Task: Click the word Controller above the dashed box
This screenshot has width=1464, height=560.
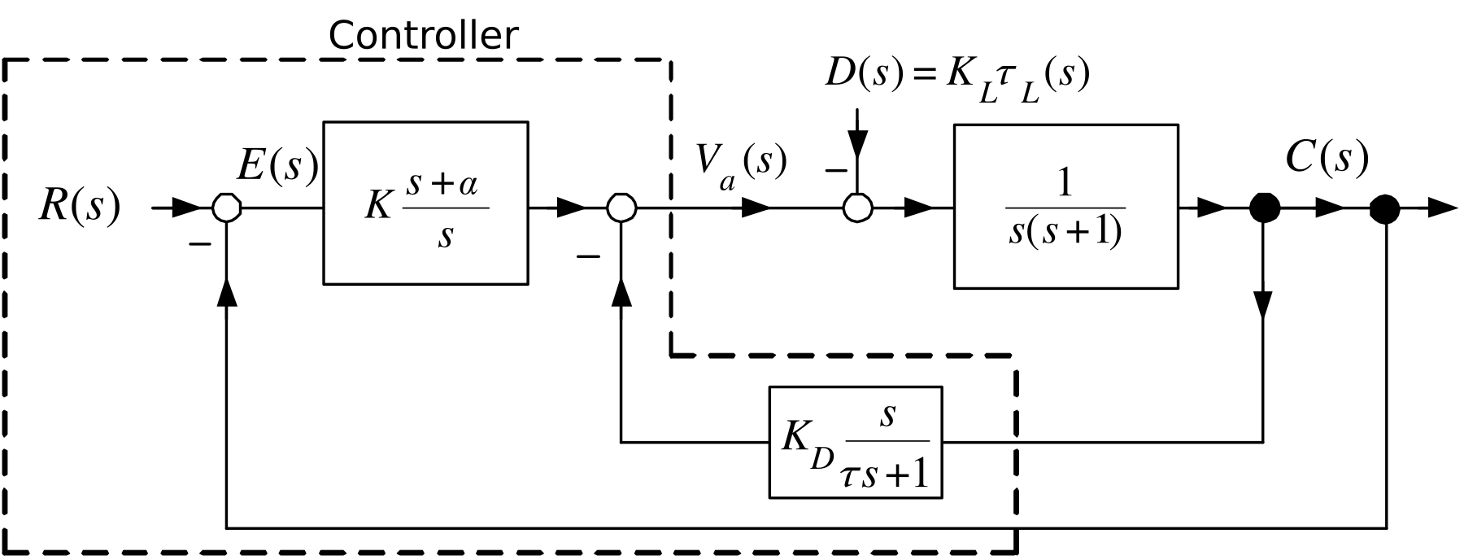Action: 423,37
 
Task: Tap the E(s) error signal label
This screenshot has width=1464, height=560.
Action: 277,165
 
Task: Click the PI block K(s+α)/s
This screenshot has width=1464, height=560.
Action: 425,203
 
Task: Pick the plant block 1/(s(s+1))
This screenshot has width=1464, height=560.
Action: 1065,207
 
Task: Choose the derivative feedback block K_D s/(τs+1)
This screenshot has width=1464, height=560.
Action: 856,442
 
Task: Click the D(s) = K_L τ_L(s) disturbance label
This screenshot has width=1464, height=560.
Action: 956,77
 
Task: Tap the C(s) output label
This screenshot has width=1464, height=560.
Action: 1327,158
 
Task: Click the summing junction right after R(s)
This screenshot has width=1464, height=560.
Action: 227,208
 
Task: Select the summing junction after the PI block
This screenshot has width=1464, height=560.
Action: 621,208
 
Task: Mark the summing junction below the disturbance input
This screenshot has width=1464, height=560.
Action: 857,208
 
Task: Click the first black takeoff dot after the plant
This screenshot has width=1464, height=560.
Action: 1264,208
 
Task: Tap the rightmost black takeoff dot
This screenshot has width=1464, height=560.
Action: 1384,209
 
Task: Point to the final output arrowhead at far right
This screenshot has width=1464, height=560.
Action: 1442,209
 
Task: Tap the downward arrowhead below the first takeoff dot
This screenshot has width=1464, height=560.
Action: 1264,305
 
